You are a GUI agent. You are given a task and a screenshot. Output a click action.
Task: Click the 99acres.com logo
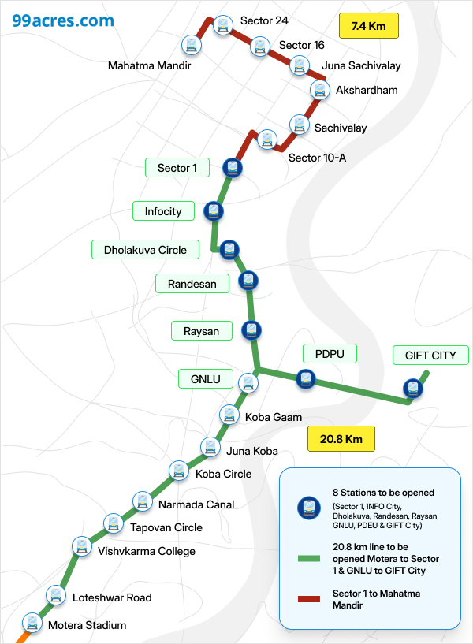(x=62, y=20)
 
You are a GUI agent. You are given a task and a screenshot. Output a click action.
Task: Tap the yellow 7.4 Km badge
(x=368, y=27)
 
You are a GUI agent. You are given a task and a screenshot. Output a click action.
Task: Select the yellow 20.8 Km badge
(x=341, y=439)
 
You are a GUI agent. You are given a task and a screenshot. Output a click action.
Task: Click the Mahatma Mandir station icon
(x=190, y=45)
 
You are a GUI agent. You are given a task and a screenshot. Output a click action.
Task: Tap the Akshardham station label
(x=367, y=90)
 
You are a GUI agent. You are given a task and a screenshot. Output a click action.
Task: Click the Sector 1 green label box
(x=177, y=168)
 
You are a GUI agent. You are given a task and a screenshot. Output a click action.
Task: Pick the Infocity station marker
(x=213, y=211)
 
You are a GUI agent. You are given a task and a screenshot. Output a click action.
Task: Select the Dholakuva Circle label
(x=145, y=250)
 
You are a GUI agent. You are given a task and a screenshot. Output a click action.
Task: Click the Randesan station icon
(x=248, y=280)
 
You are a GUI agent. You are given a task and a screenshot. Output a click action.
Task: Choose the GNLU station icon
(x=249, y=383)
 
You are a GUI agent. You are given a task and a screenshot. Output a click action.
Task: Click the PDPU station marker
(x=306, y=379)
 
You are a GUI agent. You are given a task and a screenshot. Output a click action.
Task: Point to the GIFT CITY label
(x=430, y=356)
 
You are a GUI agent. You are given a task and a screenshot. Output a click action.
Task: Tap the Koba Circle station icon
(x=180, y=471)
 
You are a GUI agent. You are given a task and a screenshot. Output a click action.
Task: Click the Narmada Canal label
(x=196, y=504)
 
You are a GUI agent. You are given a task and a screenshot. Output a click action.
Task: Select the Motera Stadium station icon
(x=32, y=623)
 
